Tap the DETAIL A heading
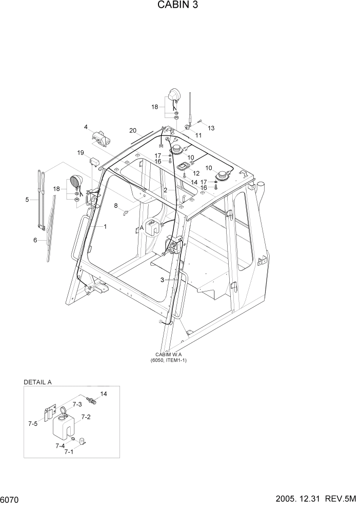click(x=38, y=382)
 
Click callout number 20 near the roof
click(x=133, y=130)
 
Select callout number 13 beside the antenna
click(x=211, y=128)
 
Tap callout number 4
click(x=86, y=127)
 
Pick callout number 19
click(x=81, y=152)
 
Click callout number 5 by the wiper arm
click(x=27, y=200)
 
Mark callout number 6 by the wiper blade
click(x=35, y=240)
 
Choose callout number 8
click(x=116, y=206)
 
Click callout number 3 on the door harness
click(x=162, y=280)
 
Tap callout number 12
click(x=196, y=173)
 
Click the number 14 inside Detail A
click(x=104, y=394)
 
